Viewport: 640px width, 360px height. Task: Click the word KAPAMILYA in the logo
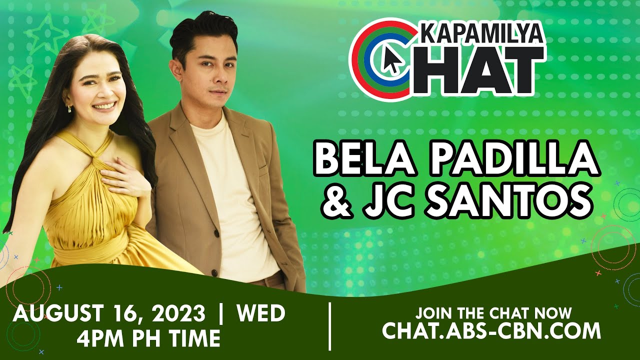(479, 34)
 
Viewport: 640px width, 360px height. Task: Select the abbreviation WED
(260, 314)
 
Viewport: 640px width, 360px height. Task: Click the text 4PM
(101, 338)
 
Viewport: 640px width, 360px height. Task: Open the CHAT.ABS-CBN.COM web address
(491, 331)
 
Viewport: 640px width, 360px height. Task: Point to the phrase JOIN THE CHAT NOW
(493, 313)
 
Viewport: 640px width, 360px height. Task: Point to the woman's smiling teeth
(103, 106)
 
